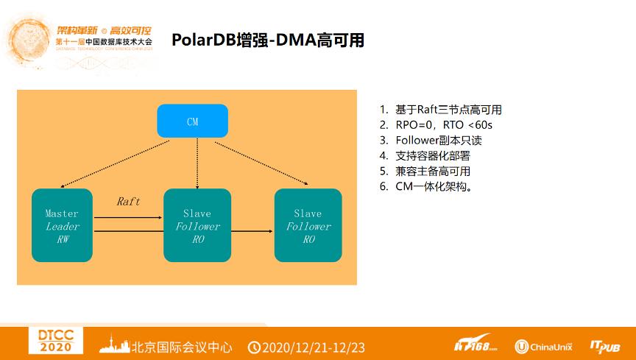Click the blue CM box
192,121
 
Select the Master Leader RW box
62,225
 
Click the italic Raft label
128,201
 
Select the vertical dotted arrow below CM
197,162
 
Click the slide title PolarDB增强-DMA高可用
268,40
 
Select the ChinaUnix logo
543,346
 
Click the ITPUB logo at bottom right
604,345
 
